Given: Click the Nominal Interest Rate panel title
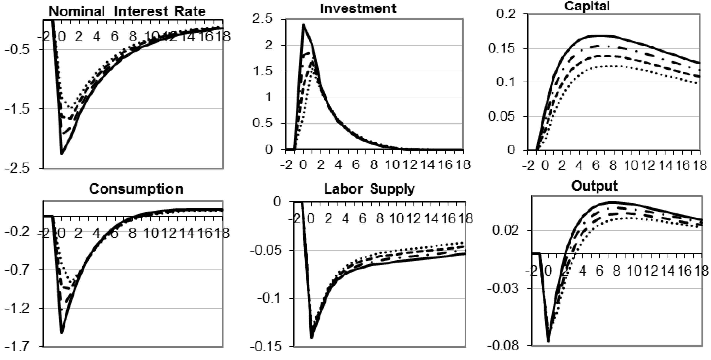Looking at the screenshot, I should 127,12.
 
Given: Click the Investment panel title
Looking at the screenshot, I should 358,8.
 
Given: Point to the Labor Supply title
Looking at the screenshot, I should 369,189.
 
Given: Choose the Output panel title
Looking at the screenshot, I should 594,186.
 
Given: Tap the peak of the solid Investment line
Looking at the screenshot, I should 303,25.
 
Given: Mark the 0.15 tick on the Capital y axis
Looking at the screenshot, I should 501,49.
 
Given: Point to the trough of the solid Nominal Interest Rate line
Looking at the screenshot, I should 62,154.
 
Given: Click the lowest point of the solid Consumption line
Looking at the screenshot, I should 62,333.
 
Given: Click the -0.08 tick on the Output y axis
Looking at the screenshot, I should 503,346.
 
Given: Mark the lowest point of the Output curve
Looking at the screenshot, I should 548,341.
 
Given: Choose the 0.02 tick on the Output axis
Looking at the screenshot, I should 505,230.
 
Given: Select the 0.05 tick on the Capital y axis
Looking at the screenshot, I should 501,116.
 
